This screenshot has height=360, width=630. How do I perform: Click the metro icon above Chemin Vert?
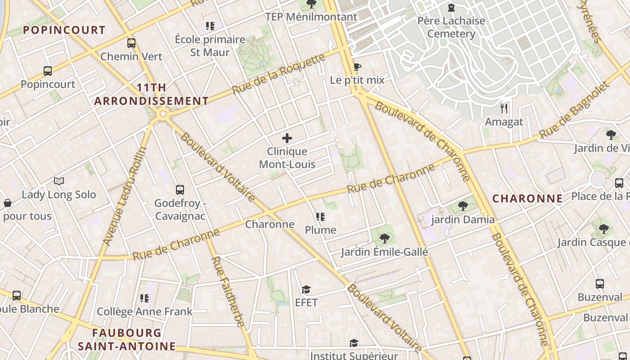[x=131, y=43]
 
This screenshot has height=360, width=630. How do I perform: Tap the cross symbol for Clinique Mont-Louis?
[x=287, y=138]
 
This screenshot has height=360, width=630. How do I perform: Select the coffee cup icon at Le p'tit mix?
[x=357, y=67]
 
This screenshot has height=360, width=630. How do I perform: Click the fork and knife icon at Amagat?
[x=504, y=108]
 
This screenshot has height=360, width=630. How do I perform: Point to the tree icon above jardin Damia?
[x=463, y=207]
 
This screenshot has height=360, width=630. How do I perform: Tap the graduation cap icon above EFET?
[x=306, y=289]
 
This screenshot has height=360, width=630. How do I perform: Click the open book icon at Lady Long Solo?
[x=59, y=181]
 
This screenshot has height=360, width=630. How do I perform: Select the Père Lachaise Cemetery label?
[x=451, y=27]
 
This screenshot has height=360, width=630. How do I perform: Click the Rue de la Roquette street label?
[x=279, y=74]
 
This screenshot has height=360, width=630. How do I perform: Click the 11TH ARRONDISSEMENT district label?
[x=151, y=94]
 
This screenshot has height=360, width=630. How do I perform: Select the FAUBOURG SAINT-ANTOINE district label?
[x=126, y=339]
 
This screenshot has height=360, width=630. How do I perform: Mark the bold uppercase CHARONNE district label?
[x=527, y=198]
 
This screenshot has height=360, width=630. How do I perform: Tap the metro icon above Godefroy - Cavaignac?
[x=180, y=190]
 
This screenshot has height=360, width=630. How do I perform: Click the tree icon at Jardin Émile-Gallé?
[x=384, y=238]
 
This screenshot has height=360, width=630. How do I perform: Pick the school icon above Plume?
[x=320, y=217]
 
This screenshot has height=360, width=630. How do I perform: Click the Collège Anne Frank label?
[x=144, y=311]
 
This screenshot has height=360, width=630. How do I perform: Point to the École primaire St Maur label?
[x=210, y=45]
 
